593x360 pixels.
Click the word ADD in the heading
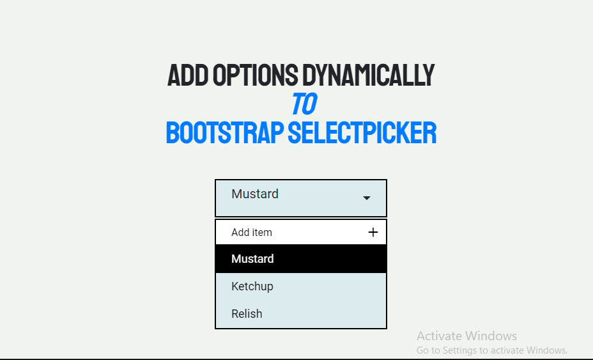coord(188,75)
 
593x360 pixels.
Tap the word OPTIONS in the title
coord(255,75)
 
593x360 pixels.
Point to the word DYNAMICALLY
coord(368,75)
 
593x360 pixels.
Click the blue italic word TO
coord(304,104)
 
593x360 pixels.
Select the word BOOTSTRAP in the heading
coord(225,132)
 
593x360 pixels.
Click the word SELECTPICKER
coord(362,132)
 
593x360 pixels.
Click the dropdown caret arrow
coord(366,198)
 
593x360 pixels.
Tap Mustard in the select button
coord(255,194)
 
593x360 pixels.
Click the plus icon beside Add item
coord(373,232)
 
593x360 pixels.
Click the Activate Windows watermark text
coord(466,336)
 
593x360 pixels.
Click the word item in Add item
coord(263,232)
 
